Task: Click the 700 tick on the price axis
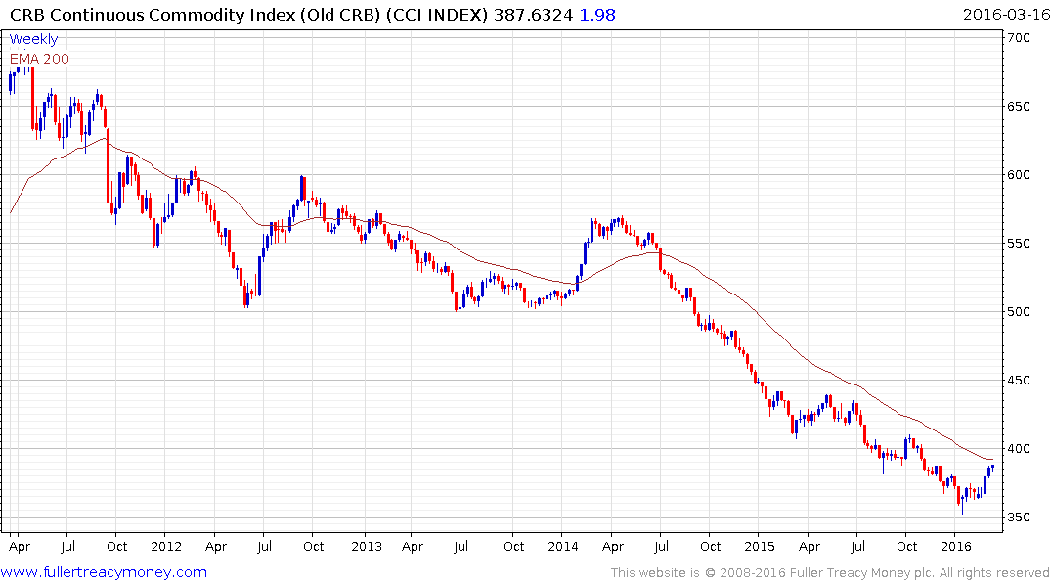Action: (1022, 38)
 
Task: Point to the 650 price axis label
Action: (1022, 107)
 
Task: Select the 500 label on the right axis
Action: (1022, 312)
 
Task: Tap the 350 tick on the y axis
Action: (1022, 518)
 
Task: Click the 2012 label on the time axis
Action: (167, 547)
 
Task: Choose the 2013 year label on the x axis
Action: (366, 547)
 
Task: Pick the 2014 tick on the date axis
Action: (563, 547)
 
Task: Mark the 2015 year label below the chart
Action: (760, 547)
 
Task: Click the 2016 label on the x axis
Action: (955, 547)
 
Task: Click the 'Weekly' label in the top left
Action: (34, 40)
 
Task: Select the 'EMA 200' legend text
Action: (40, 59)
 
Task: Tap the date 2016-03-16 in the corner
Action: (1003, 15)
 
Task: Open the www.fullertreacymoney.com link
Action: (105, 572)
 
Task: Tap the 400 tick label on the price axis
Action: (1022, 449)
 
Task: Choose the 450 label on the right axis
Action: (1022, 381)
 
